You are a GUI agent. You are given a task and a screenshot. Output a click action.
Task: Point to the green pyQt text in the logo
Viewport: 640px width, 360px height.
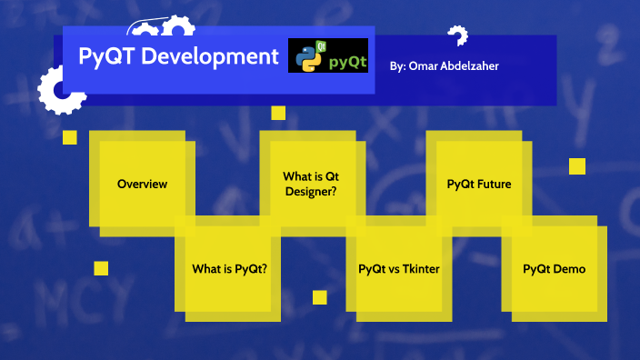[347, 63]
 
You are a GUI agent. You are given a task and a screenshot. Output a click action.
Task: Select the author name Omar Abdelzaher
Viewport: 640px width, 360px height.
[458, 66]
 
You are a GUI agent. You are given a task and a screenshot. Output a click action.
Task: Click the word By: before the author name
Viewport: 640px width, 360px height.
[398, 66]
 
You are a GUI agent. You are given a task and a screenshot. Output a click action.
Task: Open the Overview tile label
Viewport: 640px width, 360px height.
[143, 184]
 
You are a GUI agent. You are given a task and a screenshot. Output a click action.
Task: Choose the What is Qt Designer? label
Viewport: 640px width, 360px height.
[311, 184]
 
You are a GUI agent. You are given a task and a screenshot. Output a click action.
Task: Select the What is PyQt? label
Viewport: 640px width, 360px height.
[229, 269]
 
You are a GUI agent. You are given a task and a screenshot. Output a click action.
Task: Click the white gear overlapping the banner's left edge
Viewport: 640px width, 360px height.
[56, 89]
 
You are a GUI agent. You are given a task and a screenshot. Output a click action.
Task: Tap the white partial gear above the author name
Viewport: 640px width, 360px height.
[457, 36]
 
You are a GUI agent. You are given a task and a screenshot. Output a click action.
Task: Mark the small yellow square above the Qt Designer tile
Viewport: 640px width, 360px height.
[278, 113]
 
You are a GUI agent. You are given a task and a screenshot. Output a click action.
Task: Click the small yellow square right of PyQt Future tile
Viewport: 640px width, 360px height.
[576, 165]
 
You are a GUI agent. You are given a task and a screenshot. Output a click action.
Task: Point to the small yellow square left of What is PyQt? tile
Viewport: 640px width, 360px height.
[101, 268]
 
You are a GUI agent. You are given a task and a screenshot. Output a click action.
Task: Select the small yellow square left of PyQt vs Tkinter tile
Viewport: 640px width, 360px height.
[319, 297]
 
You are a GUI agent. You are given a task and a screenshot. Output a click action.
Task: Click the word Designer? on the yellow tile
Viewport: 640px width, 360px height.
[311, 191]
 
